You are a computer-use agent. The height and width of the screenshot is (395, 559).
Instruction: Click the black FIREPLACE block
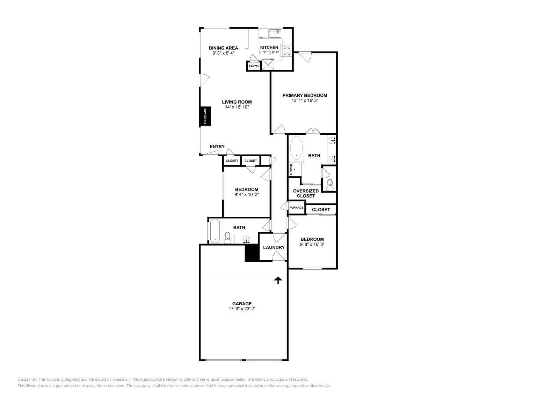point(205,116)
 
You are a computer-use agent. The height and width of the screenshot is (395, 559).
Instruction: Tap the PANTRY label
point(254,66)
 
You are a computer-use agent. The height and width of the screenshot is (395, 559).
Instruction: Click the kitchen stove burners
point(287,50)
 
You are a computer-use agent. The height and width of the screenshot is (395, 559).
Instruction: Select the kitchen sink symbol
point(275,33)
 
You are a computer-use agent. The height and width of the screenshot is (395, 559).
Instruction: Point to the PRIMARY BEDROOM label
point(305,95)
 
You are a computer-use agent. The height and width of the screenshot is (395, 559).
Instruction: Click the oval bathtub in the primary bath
point(297,148)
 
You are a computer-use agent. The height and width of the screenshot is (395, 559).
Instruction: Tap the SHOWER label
point(291,169)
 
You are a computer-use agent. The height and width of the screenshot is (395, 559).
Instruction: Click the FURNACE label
point(296,208)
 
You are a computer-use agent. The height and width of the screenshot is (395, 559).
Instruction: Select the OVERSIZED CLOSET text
point(306,193)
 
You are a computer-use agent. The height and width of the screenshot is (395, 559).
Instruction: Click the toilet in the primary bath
point(329,185)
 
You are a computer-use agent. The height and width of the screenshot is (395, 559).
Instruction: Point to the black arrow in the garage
point(278,280)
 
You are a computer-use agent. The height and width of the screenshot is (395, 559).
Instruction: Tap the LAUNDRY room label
point(274,247)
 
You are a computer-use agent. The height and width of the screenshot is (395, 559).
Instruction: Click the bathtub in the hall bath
point(215,231)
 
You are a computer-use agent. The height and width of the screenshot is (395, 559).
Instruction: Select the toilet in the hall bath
point(228,237)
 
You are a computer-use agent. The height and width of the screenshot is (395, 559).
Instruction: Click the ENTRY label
point(217,147)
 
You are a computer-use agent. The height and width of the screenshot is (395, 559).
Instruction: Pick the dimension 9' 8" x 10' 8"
point(312,244)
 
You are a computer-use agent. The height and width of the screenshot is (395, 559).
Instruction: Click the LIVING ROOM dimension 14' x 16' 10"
point(237,107)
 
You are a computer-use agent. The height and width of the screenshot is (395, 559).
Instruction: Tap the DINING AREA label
point(223,48)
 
